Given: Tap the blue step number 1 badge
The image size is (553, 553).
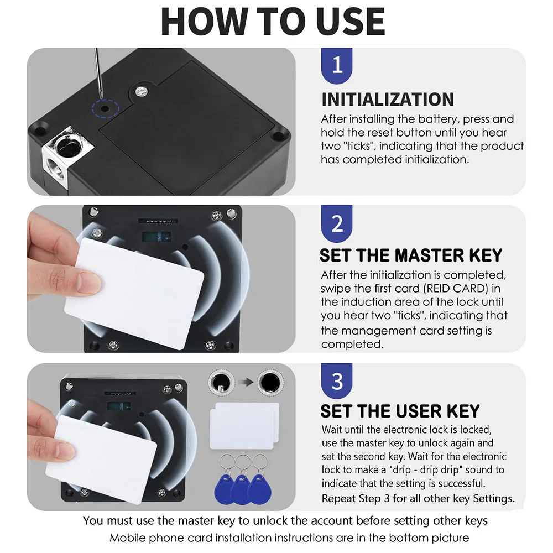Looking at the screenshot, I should (x=337, y=65).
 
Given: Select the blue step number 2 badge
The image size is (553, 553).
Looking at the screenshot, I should (x=337, y=223).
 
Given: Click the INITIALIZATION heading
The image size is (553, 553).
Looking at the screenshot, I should (x=388, y=100).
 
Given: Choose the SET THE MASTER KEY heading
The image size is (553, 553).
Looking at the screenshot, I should (x=411, y=255).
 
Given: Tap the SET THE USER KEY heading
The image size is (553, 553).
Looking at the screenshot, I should (x=400, y=411).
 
